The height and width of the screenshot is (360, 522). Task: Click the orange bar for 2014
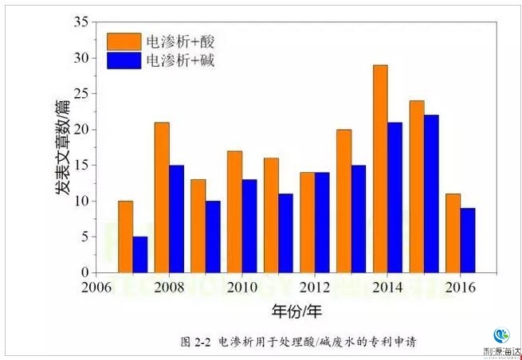(x=380, y=169)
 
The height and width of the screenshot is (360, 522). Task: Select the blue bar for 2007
(x=140, y=255)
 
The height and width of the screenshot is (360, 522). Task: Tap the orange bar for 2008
(x=162, y=198)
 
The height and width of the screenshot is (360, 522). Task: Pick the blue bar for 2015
(x=431, y=194)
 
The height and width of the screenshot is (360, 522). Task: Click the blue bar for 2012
(x=322, y=222)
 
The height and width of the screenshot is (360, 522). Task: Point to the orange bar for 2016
(x=453, y=233)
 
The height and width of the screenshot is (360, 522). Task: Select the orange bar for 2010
(x=234, y=212)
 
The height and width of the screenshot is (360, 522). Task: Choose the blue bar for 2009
(x=213, y=237)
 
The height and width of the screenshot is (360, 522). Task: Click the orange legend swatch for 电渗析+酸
(x=124, y=41)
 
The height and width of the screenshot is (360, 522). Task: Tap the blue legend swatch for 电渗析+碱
(x=124, y=60)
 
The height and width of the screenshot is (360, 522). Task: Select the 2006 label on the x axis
(x=96, y=287)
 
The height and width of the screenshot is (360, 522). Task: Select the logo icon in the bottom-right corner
(x=501, y=336)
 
